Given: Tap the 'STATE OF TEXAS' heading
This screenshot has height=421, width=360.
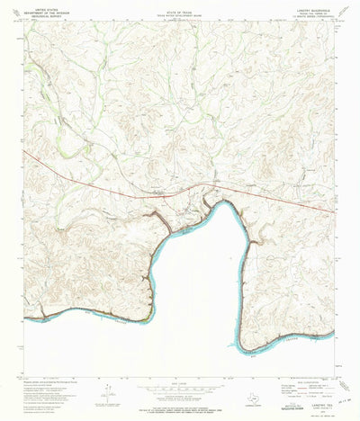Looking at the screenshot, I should coord(179,13).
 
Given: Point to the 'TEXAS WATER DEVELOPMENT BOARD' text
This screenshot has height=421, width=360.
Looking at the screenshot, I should coord(179,17).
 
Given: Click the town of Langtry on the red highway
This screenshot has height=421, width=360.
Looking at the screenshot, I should coord(162,193).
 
